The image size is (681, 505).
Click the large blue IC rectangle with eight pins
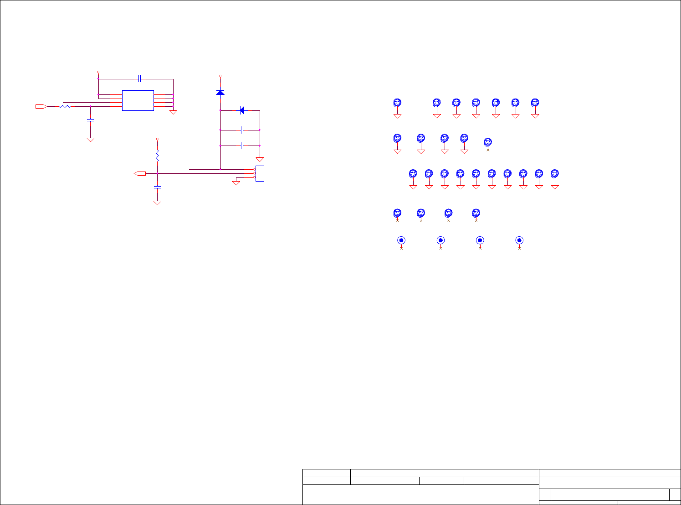pos(138,100)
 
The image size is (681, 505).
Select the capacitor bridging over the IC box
pos(140,79)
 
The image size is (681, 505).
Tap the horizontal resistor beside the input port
pos(65,106)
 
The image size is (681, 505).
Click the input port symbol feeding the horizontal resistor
pos(41,106)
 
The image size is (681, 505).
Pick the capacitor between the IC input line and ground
pos(90,120)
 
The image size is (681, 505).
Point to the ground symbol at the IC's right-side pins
pos(173,112)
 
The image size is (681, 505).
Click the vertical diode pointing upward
pos(220,93)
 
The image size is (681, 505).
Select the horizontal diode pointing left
pos(242,110)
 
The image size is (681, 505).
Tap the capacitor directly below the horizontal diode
pos(242,130)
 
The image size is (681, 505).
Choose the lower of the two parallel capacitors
pos(242,146)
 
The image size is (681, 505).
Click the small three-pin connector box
pos(260,174)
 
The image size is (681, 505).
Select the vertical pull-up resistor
pos(157,156)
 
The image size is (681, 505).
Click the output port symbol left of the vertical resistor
pos(140,173)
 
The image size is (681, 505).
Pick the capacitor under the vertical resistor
pos(157,187)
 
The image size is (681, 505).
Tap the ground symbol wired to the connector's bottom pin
pos(236,183)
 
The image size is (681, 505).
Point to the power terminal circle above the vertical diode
pos(220,76)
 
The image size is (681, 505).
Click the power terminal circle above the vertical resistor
pos(157,138)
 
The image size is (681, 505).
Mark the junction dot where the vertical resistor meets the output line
pos(157,173)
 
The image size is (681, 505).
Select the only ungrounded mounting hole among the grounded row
pos(488,142)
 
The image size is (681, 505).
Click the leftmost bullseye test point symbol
pos(401,240)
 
